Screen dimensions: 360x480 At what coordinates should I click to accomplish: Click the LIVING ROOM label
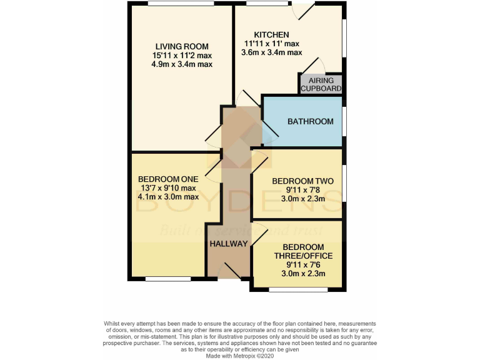182,46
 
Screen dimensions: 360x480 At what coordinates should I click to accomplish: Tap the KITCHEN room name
271,34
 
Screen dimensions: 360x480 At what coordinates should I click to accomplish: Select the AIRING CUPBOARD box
321,84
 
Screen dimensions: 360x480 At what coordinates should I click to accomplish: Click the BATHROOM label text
310,121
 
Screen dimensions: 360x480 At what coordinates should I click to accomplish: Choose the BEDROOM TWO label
302,181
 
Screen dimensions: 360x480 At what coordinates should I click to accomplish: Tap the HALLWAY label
229,244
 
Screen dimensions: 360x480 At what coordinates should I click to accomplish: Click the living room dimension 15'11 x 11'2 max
182,56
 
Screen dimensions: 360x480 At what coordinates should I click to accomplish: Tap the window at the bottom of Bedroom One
168,279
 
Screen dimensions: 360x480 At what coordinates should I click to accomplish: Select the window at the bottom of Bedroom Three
297,289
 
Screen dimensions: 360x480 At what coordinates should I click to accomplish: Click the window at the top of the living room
182,4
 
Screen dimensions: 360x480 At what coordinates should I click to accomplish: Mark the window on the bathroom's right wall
344,121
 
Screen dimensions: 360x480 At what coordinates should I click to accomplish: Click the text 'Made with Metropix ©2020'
240,355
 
